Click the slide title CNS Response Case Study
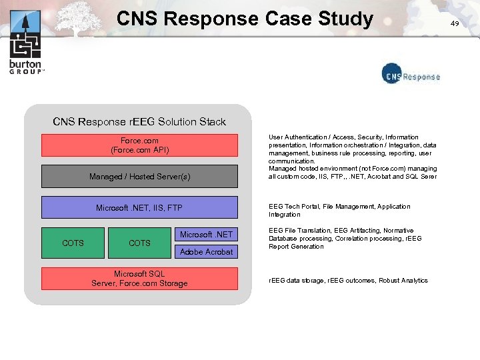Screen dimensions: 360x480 click(x=245, y=18)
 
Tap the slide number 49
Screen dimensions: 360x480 click(x=455, y=23)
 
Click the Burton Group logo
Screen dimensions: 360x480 click(x=25, y=43)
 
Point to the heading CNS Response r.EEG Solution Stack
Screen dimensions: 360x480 click(x=139, y=121)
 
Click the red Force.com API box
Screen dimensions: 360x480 click(x=139, y=145)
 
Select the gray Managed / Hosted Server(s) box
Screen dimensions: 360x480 click(x=139, y=177)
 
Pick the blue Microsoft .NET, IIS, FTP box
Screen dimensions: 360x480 click(x=139, y=208)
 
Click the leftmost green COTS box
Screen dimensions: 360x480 click(x=73, y=243)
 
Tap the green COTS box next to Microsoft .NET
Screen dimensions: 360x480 click(x=139, y=243)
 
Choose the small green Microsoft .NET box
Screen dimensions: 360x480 click(x=206, y=234)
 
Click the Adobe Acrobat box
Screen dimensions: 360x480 click(x=206, y=251)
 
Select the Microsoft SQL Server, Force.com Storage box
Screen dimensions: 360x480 click(x=139, y=279)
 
